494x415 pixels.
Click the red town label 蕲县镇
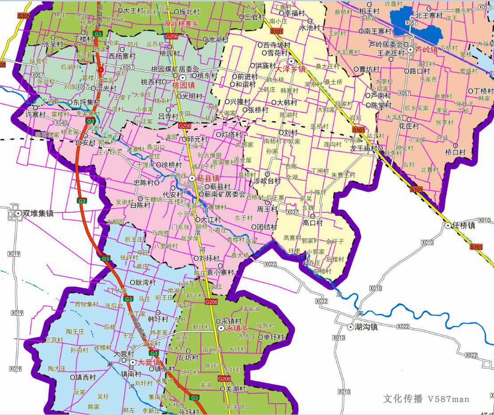click(208, 178)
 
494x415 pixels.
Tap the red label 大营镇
click(149, 363)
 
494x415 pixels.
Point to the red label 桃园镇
click(184, 85)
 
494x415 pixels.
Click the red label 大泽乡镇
click(290, 69)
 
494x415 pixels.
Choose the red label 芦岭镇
click(426, 50)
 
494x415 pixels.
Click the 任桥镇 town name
click(464, 225)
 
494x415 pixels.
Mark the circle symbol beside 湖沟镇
click(350, 327)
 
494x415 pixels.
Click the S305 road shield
click(24, 16)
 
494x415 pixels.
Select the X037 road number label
click(292, 212)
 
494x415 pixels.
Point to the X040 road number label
click(62, 123)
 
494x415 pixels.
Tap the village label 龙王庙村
click(364, 148)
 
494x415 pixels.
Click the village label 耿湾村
click(145, 282)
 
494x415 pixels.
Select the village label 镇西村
click(85, 377)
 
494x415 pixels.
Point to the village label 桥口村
click(455, 152)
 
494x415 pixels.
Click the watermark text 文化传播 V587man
click(426, 399)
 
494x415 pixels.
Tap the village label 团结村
click(267, 226)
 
